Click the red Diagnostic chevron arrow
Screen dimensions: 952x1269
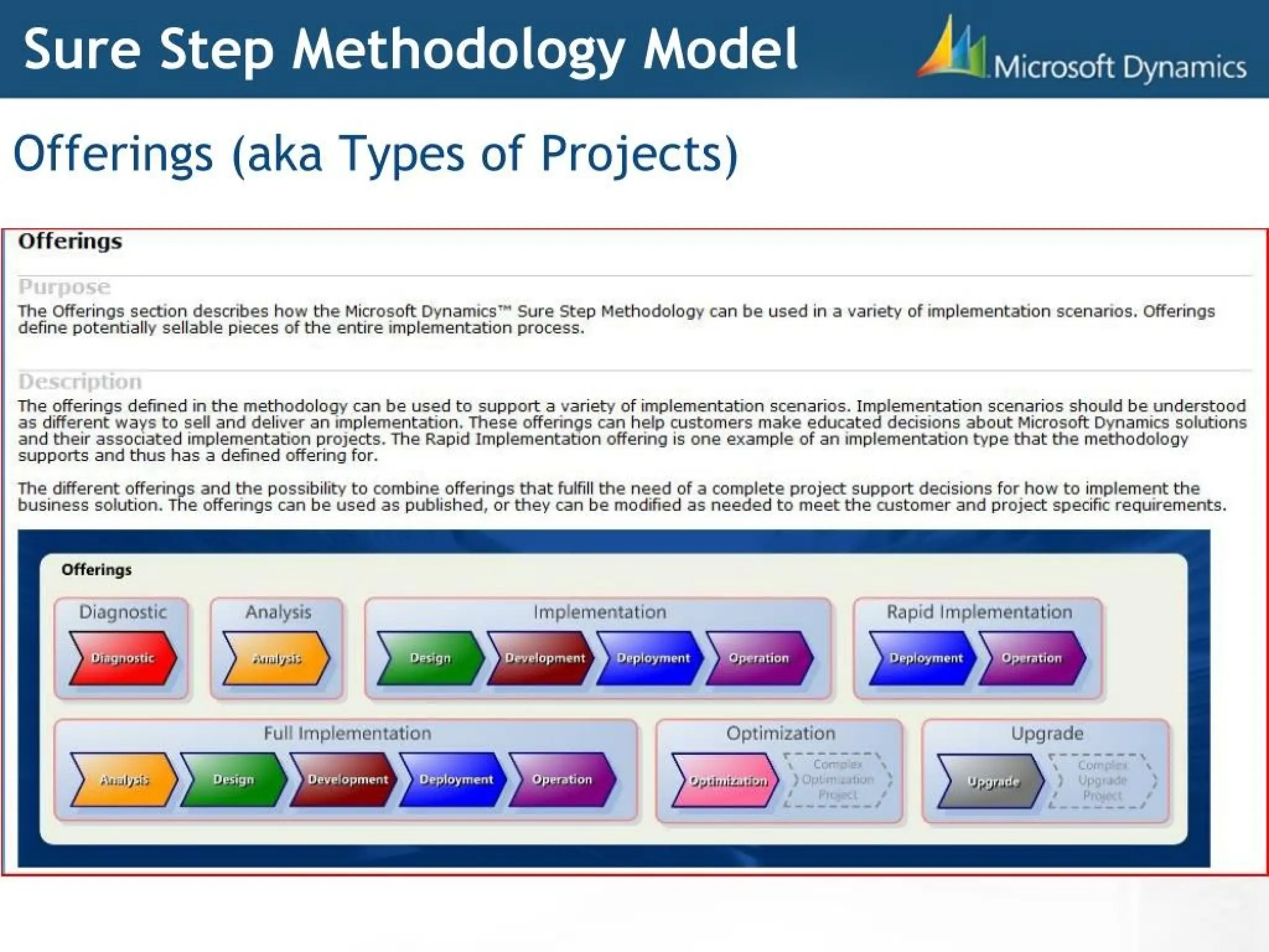click(123, 658)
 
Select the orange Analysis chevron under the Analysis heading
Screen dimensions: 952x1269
click(276, 658)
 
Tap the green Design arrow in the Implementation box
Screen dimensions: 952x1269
click(430, 658)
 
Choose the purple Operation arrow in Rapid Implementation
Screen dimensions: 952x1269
click(1032, 658)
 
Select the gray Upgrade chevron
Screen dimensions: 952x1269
click(991, 781)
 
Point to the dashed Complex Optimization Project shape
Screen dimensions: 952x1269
click(838, 780)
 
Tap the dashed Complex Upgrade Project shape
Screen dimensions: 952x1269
click(1102, 781)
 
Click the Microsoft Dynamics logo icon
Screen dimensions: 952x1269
click(952, 48)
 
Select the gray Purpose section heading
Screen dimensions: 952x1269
click(64, 287)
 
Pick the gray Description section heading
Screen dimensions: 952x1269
click(80, 382)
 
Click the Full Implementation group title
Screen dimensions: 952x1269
click(347, 733)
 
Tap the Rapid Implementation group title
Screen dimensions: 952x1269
click(979, 612)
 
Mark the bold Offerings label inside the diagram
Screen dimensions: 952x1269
click(97, 570)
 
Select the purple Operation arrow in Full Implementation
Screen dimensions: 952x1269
click(562, 780)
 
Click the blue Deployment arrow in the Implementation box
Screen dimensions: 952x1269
click(652, 658)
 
